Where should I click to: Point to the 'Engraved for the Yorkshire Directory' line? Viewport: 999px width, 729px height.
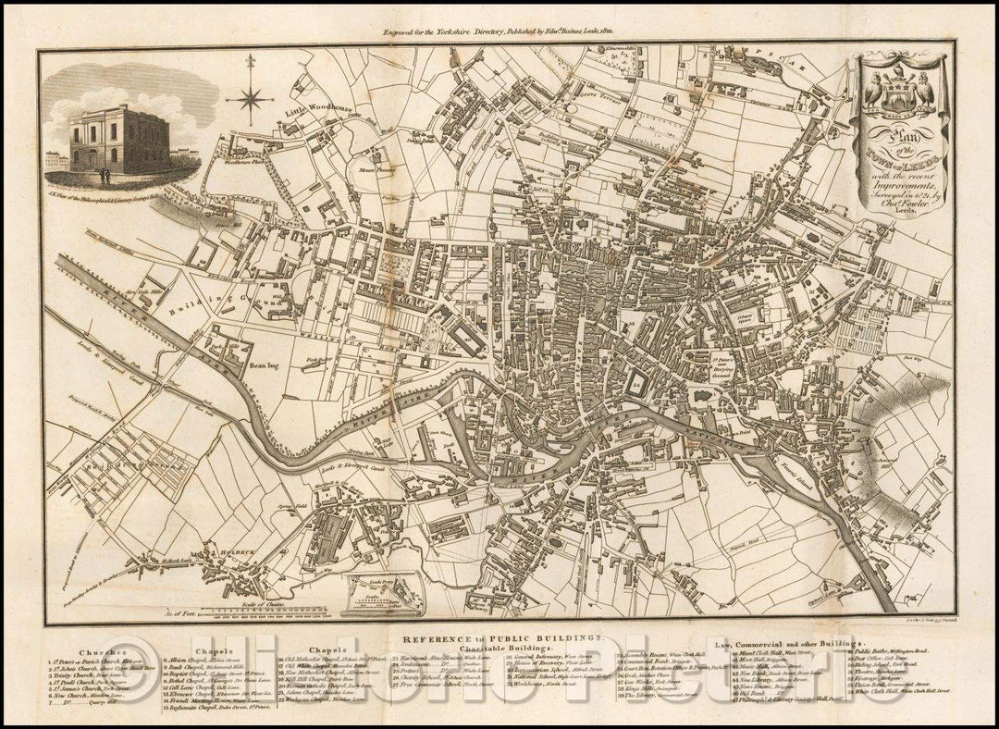499,31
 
